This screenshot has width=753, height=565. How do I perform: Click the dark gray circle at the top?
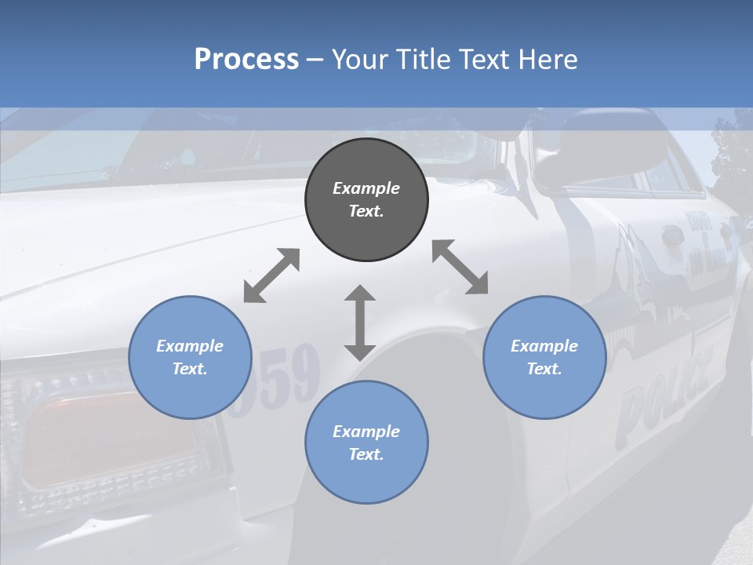(366, 200)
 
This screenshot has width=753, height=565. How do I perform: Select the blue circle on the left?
(190, 357)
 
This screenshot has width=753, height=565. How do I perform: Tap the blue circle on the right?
(544, 357)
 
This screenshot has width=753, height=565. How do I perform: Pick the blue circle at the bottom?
(366, 443)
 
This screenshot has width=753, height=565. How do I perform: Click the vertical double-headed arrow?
(360, 323)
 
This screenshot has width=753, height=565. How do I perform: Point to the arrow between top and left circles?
(271, 275)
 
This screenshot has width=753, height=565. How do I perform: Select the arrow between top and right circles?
(460, 267)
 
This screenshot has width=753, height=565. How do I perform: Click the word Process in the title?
(246, 59)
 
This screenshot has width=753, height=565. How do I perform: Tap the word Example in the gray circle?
(366, 188)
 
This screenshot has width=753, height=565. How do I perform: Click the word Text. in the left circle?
(190, 369)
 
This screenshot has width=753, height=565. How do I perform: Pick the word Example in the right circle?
(544, 346)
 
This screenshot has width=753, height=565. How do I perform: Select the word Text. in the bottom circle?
(366, 454)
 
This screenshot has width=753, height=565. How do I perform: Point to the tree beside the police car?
(733, 149)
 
